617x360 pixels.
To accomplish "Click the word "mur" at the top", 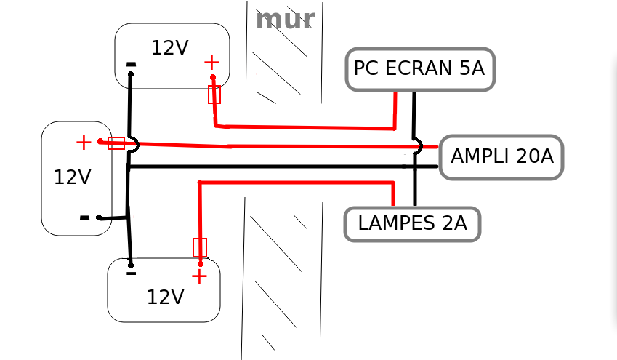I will tap(285, 20).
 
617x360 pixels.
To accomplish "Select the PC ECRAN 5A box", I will tap(420, 69).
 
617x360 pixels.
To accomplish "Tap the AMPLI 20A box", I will tap(501, 156).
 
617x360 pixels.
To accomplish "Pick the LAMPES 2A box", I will tap(412, 223).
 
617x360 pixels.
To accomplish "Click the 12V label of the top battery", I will tap(169, 48).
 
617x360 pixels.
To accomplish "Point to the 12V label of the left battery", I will tap(72, 177).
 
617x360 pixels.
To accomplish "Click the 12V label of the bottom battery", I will tap(165, 297).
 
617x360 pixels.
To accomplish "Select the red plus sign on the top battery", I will tap(211, 63).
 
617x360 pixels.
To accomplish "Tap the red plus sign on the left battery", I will tap(84, 143).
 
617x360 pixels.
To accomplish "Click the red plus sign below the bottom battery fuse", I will tap(199, 276).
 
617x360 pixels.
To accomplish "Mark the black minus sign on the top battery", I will tap(131, 65).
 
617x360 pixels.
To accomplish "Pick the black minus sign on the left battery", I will tap(85, 217).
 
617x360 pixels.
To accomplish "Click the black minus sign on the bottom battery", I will tap(131, 274).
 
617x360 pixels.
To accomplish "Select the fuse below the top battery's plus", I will tap(214, 94).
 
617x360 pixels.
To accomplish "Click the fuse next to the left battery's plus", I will tap(116, 143).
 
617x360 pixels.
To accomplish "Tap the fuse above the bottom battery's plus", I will tap(200, 247).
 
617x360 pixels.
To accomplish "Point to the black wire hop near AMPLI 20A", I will tap(417, 146).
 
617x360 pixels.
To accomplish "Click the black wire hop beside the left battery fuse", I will tap(134, 144).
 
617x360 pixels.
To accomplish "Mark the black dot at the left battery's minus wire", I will tap(100, 217).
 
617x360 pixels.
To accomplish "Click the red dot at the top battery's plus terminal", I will tap(213, 76).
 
